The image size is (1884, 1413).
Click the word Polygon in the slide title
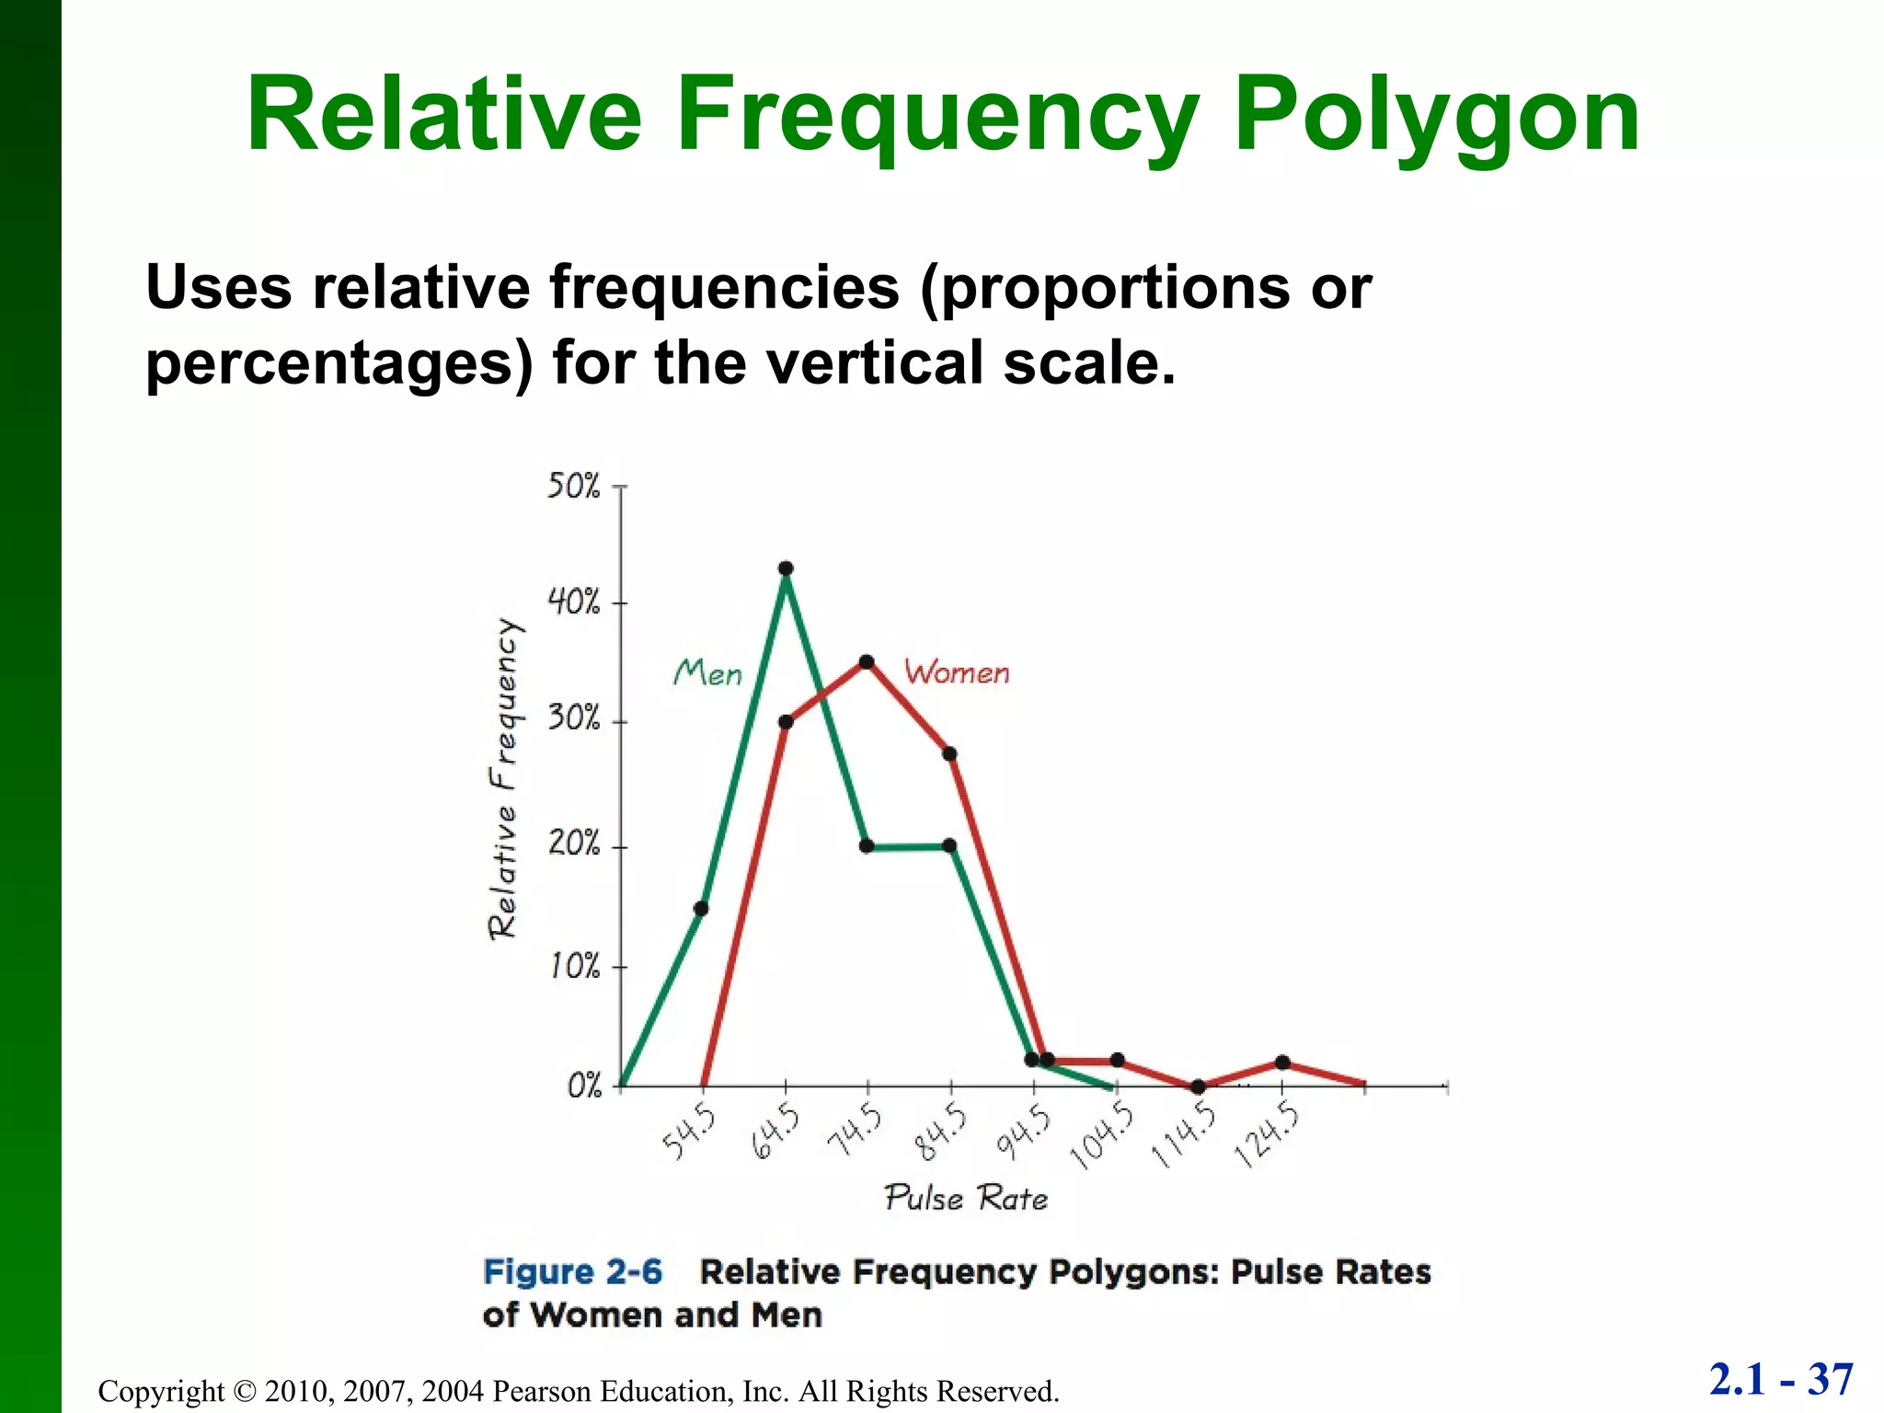[x=1436, y=118]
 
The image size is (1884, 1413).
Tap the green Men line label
[x=707, y=673]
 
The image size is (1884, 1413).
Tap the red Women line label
[x=957, y=672]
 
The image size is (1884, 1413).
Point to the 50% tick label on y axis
[x=573, y=486]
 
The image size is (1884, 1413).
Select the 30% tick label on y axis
[x=573, y=718]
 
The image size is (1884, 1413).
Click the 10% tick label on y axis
[x=573, y=967]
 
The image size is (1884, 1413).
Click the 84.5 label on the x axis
[x=940, y=1132]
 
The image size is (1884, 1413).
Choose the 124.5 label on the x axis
[x=1267, y=1136]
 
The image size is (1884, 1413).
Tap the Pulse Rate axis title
[x=966, y=1198]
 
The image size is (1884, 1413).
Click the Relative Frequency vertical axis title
[x=503, y=778]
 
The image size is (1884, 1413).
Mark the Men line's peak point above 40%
[x=786, y=569]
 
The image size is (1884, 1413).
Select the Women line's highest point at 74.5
[x=867, y=662]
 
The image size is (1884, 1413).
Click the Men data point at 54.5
[x=701, y=909]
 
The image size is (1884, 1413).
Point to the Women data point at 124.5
[x=1282, y=1063]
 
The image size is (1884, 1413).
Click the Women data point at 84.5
[x=950, y=754]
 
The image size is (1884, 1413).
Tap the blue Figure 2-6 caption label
[x=572, y=1272]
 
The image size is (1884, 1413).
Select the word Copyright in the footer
[x=161, y=1391]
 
